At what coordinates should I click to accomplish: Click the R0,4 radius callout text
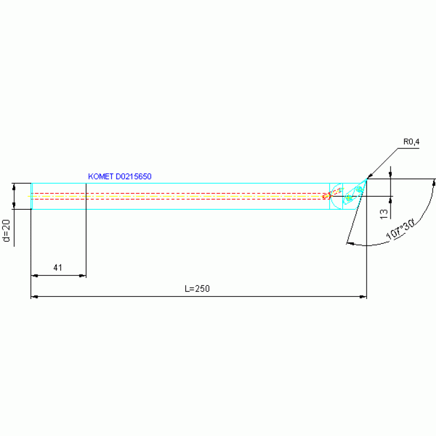pyautogui.click(x=411, y=142)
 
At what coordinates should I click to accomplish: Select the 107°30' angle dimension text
pyautogui.click(x=400, y=230)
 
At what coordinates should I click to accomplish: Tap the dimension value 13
pyautogui.click(x=384, y=214)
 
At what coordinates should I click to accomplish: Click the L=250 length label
pyautogui.click(x=197, y=289)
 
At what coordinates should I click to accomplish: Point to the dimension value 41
pyautogui.click(x=57, y=268)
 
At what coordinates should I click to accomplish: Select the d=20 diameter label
pyautogui.click(x=6, y=231)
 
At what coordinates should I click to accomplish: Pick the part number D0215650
pyautogui.click(x=134, y=177)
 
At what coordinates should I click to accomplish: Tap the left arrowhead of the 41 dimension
pyautogui.click(x=35, y=276)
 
